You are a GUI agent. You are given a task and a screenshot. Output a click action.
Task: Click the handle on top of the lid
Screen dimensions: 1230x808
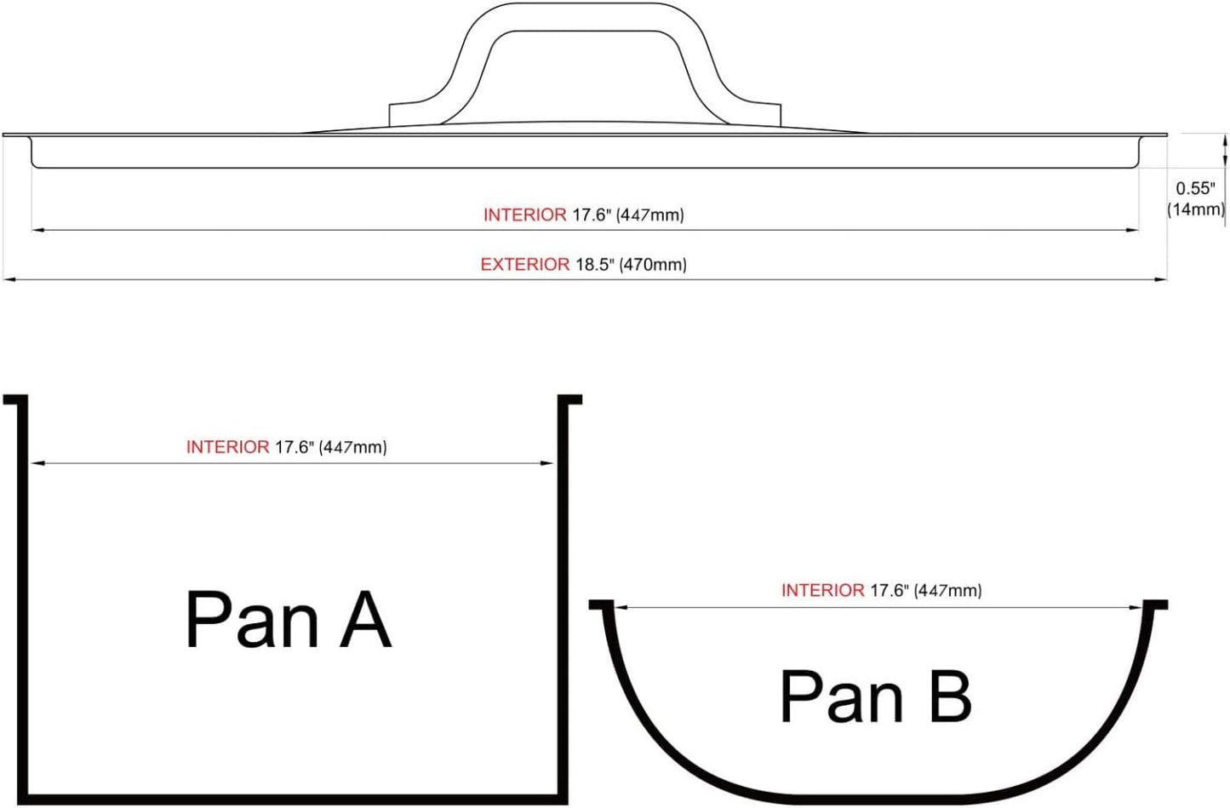585,16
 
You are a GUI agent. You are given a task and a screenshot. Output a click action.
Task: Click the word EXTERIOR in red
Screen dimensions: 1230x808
525,265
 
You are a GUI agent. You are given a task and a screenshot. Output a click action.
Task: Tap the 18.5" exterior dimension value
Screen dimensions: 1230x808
595,265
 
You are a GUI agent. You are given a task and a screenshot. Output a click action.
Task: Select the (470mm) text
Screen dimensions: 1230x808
654,265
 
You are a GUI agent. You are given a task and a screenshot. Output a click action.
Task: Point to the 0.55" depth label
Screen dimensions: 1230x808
1195,189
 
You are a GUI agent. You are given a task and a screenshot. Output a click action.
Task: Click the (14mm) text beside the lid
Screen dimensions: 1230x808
1196,209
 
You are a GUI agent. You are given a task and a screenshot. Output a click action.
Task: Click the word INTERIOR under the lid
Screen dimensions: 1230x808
525,215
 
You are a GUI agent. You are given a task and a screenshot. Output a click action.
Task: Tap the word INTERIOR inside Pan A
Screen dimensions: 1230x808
228,447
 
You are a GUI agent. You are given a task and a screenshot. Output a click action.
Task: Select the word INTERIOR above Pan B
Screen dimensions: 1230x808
822,591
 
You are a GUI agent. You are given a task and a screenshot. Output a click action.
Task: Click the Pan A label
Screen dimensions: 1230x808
289,620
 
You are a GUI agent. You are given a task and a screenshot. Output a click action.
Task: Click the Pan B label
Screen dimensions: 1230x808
875,696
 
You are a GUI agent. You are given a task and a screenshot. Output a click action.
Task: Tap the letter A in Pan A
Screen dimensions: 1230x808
366,620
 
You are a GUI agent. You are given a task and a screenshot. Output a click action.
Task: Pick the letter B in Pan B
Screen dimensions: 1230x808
951,696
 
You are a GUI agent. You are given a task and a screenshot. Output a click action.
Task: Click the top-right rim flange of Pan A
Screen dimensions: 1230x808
571,398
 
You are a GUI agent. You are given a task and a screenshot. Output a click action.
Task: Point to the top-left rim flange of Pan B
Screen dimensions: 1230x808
600,605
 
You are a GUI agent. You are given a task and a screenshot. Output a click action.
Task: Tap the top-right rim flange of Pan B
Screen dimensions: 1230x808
1157,605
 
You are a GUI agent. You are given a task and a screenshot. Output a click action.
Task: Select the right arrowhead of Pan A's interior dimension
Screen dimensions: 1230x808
547,463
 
